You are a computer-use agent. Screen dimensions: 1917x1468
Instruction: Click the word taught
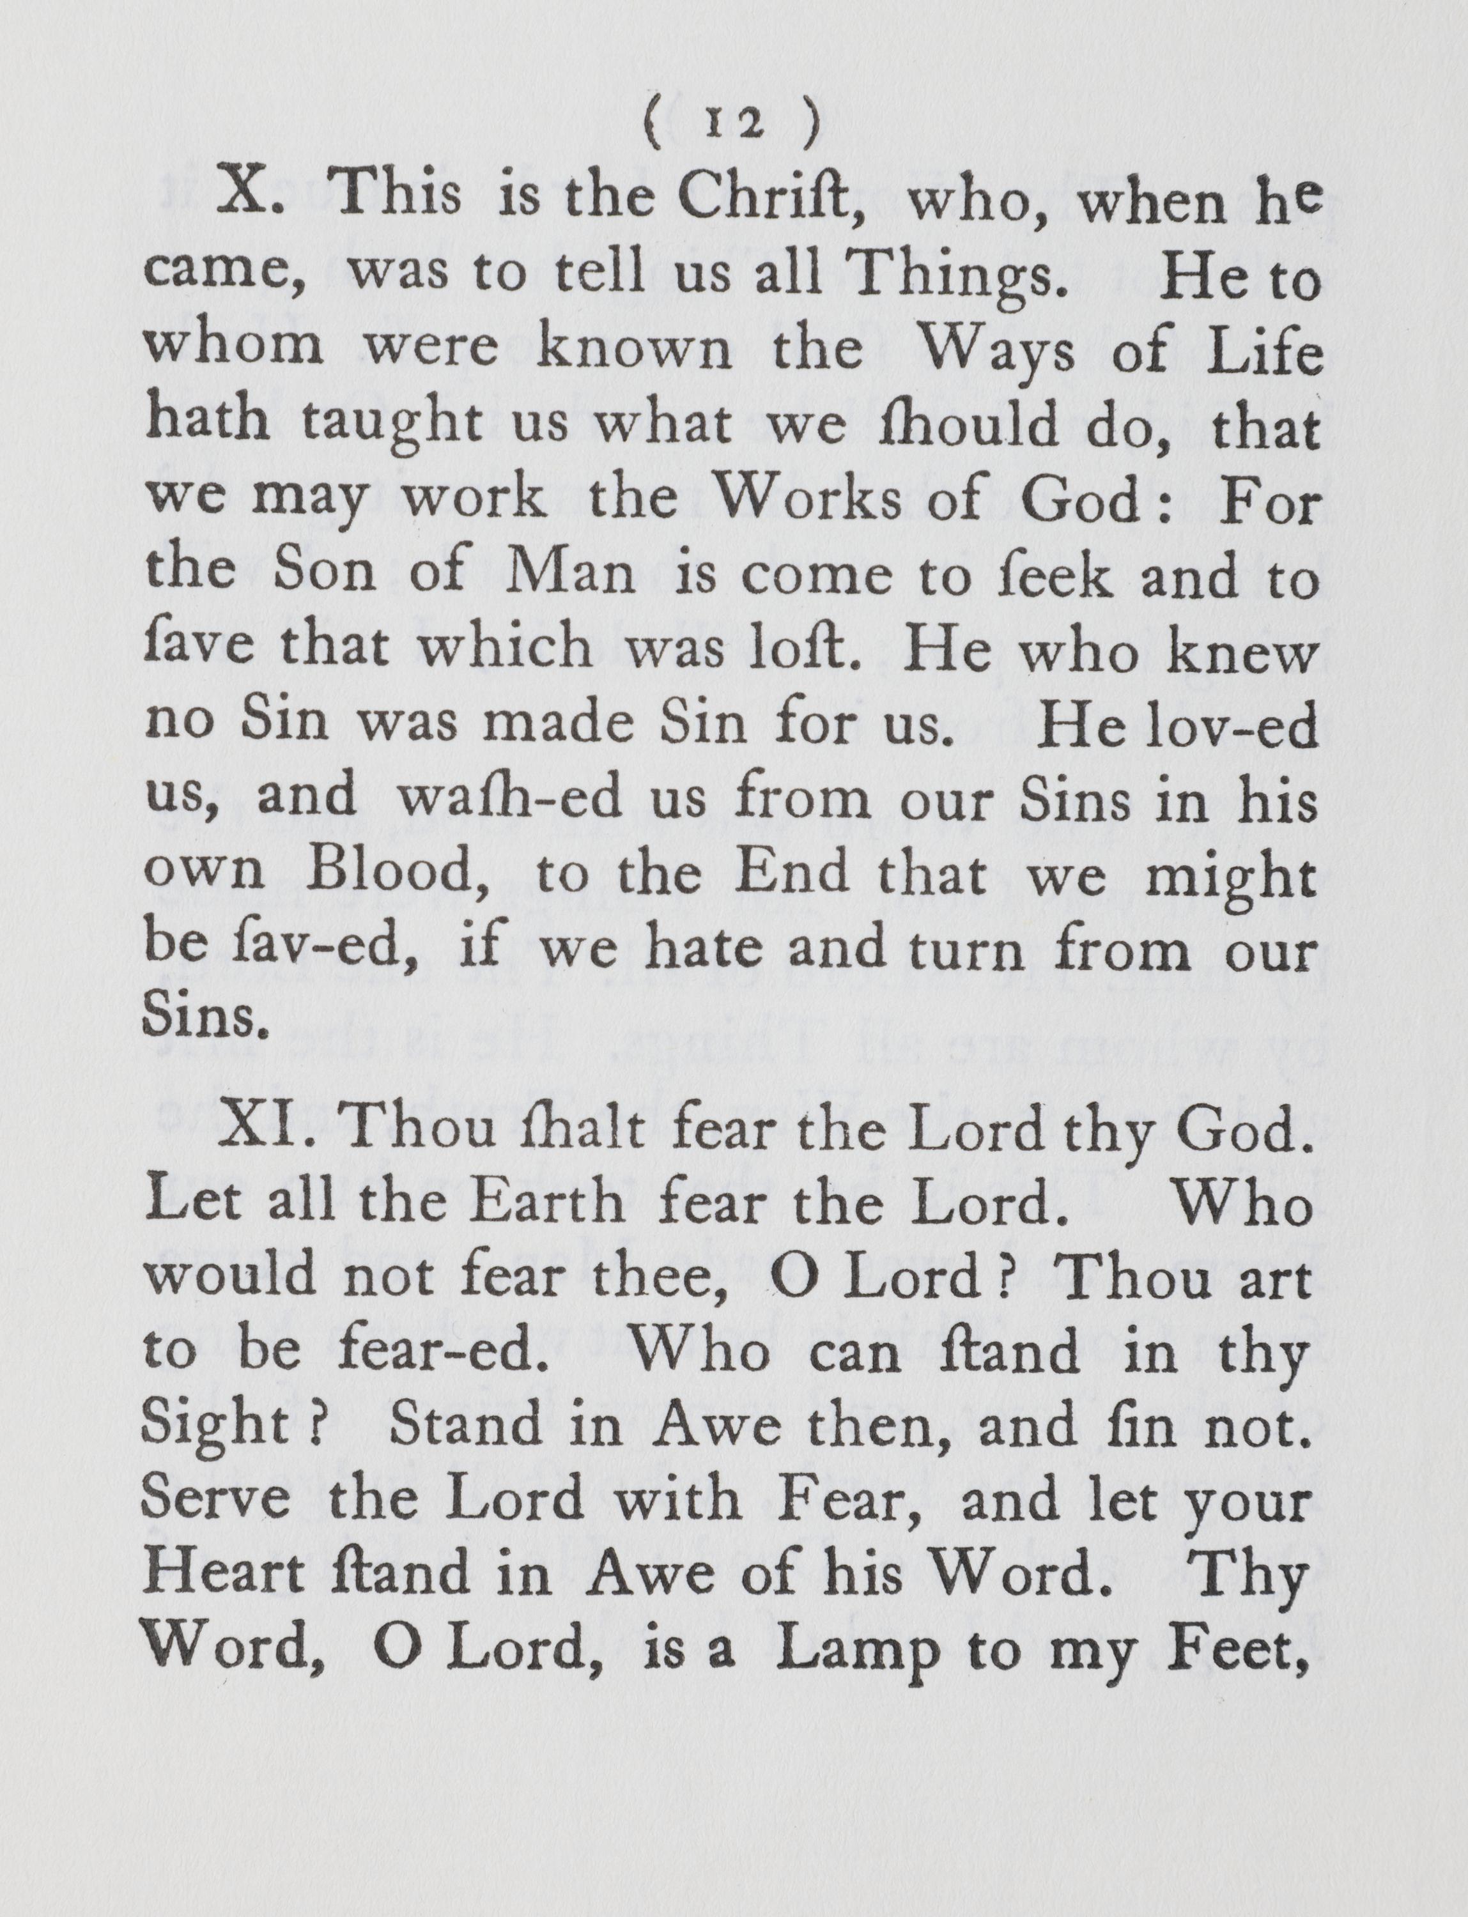392,424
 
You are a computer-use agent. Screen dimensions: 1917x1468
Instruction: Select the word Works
813,500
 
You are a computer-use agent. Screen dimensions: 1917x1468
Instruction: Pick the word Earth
550,1204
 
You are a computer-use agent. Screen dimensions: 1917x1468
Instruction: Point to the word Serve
217,1500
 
